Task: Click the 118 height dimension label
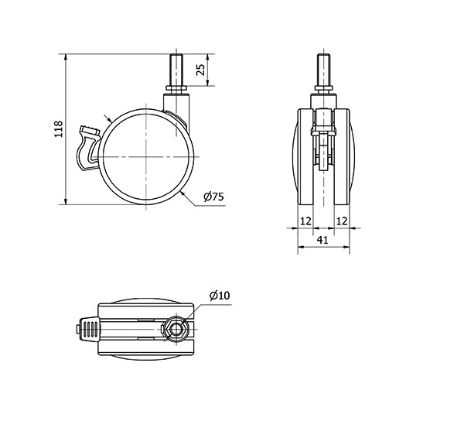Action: point(59,128)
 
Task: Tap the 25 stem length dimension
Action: point(200,70)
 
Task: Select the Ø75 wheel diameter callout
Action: point(214,197)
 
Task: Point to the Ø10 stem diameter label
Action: point(220,295)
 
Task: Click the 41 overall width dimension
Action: point(322,240)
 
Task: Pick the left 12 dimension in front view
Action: point(306,221)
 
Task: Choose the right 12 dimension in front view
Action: point(342,221)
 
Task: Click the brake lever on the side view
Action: point(88,148)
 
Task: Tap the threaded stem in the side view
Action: point(176,70)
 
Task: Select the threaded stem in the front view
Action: point(324,70)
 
